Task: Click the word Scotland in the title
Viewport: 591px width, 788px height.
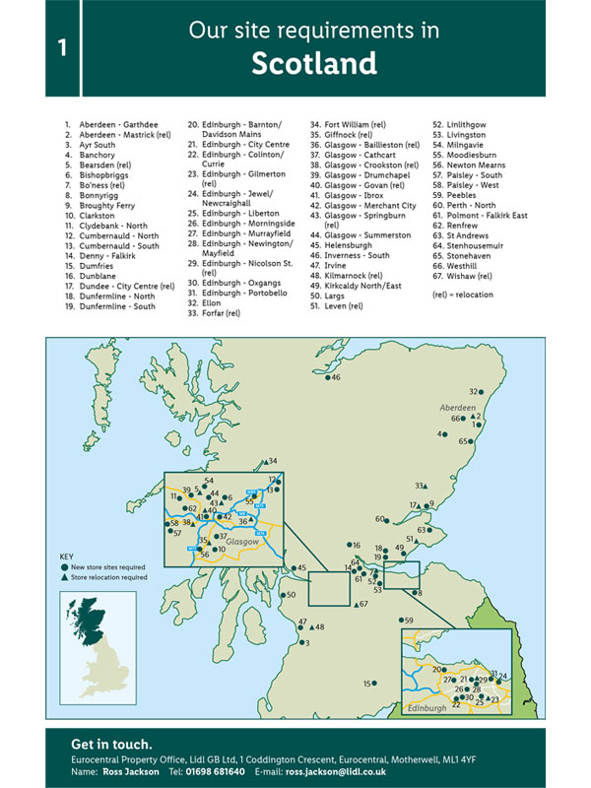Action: click(x=313, y=64)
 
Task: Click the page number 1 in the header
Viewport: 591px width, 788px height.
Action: click(x=62, y=48)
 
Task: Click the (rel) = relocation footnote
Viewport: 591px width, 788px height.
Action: click(x=465, y=295)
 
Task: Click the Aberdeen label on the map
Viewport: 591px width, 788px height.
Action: click(x=456, y=407)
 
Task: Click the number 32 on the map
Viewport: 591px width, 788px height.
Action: click(x=473, y=391)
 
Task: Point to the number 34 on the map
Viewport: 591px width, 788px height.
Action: click(x=273, y=461)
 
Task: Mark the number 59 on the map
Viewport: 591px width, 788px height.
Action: click(x=408, y=621)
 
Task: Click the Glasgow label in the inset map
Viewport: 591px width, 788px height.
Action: click(x=241, y=542)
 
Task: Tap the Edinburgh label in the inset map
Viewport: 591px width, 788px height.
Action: click(x=428, y=708)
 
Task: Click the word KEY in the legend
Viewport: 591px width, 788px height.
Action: click(x=67, y=556)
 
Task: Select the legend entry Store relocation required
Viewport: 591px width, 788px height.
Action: click(x=107, y=577)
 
